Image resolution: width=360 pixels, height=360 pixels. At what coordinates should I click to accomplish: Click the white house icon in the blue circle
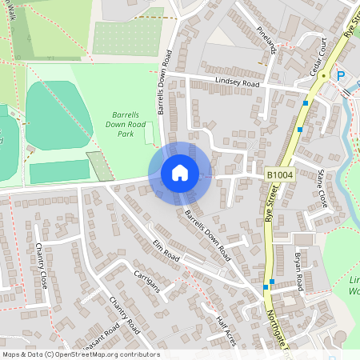(x=180, y=173)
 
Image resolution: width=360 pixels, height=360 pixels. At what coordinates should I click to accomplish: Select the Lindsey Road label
(x=238, y=82)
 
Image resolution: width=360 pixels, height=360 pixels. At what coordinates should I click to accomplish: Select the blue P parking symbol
(x=340, y=76)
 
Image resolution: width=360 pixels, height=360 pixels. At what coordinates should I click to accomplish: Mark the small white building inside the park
(x=150, y=134)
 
